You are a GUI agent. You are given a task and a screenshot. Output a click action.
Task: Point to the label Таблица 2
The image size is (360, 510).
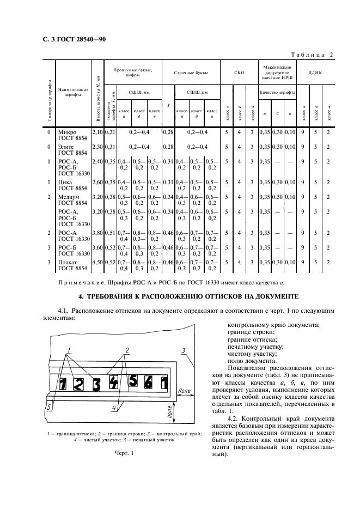coord(313,54)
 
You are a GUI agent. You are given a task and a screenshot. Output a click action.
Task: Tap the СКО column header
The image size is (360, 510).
coord(239,72)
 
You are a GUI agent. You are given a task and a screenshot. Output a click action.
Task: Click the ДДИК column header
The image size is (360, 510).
coord(316,72)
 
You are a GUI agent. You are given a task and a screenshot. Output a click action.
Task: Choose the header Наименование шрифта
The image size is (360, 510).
coord(74,92)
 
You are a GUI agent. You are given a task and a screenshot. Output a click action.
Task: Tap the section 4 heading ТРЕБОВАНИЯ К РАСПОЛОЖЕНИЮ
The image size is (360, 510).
coord(187,296)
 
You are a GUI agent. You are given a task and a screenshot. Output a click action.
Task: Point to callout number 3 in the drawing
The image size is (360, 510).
coord(184,350)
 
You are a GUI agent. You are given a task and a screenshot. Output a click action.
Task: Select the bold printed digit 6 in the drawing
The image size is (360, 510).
coord(148,381)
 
